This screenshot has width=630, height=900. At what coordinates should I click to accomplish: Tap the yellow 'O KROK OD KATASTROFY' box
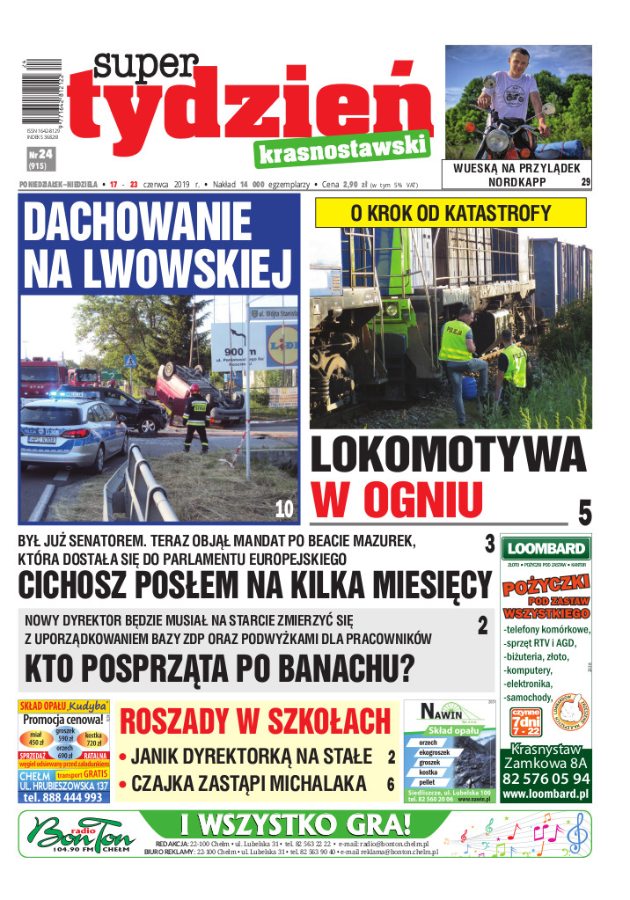(451, 213)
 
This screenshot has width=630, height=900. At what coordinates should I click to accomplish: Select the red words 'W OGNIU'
(397, 500)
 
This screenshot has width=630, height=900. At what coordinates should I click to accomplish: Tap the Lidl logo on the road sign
(281, 343)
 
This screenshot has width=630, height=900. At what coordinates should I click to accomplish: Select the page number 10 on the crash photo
(283, 509)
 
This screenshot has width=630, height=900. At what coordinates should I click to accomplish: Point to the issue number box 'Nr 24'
(40, 157)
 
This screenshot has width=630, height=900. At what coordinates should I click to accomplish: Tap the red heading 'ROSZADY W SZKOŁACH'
(255, 721)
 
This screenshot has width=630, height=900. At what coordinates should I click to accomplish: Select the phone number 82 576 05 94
(546, 779)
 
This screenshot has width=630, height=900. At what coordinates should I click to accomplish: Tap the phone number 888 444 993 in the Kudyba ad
(64, 797)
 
